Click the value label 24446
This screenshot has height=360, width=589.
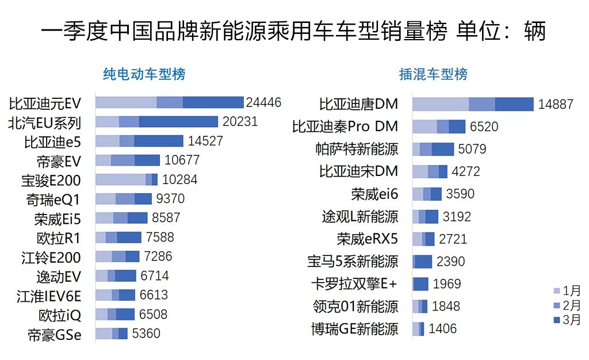coord(263,103)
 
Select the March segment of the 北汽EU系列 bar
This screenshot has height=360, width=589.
coord(178,122)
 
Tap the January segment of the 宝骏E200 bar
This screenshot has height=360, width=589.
coord(120,179)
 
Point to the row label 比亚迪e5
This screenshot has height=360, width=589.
coord(52,141)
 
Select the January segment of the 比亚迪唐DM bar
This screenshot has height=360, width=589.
coord(441,104)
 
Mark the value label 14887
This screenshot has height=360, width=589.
coord(556,105)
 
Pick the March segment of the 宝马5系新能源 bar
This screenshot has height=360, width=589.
coord(424,262)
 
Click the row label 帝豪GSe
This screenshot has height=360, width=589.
coord(55,334)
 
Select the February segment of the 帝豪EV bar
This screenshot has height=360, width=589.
coord(123,160)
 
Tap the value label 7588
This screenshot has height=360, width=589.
coord(159,238)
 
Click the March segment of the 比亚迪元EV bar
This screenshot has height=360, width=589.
coord(213,102)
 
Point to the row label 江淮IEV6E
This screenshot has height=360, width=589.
coord(49,296)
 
